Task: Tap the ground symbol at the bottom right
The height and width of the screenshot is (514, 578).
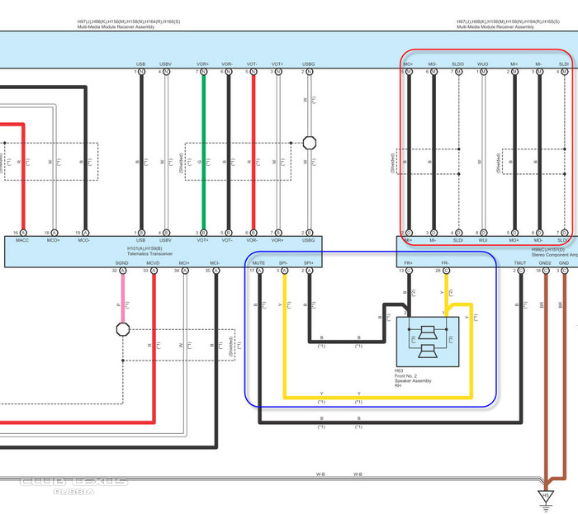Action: pyautogui.click(x=545, y=495)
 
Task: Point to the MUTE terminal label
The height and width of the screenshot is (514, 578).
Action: pyautogui.click(x=258, y=263)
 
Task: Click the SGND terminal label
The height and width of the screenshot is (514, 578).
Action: pyautogui.click(x=122, y=263)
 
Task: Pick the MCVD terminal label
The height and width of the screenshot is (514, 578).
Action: pyautogui.click(x=153, y=263)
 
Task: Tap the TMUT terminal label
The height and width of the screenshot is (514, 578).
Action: pyautogui.click(x=519, y=263)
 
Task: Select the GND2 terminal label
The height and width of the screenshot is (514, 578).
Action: pyautogui.click(x=545, y=263)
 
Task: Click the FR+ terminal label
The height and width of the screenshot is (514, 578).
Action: pyautogui.click(x=408, y=263)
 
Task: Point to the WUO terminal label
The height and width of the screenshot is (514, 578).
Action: pyautogui.click(x=483, y=64)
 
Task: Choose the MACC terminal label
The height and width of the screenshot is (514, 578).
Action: pyautogui.click(x=22, y=241)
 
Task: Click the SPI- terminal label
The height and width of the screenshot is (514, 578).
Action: pyautogui.click(x=284, y=263)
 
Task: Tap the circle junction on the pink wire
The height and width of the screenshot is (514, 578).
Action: pyautogui.click(x=122, y=329)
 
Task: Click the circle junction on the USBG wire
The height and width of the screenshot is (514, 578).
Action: pyautogui.click(x=310, y=143)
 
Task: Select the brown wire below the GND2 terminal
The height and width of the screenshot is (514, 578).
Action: pyautogui.click(x=545, y=371)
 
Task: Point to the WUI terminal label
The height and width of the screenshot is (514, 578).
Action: pyautogui.click(x=483, y=241)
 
